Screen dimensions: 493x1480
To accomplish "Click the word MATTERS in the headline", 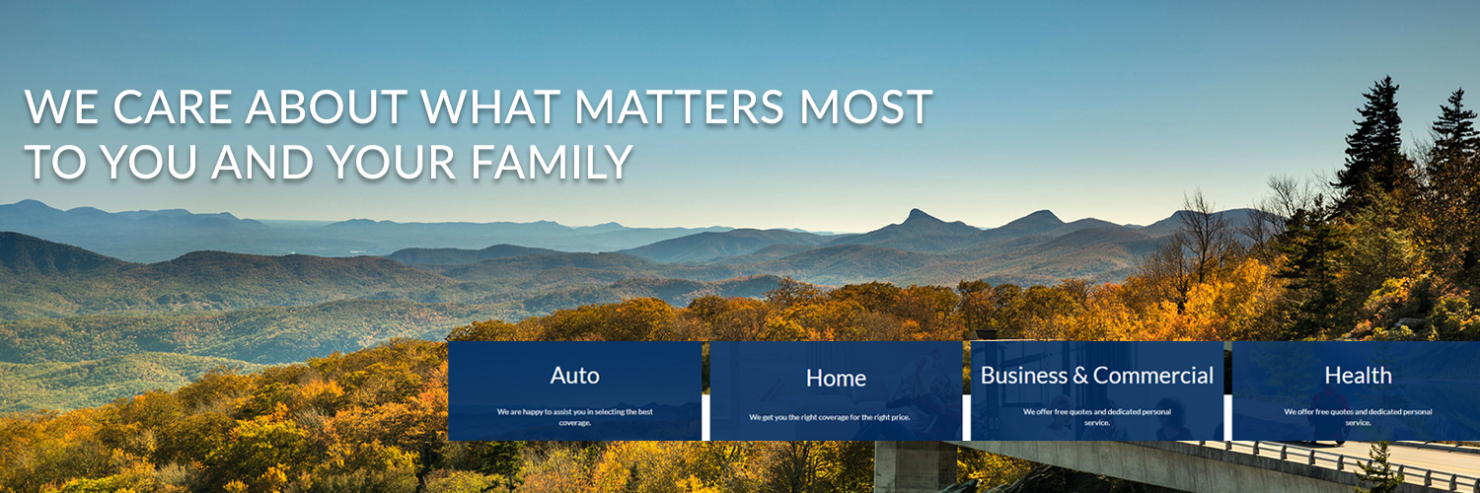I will (x=658, y=107).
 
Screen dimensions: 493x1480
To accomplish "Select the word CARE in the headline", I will (x=173, y=107).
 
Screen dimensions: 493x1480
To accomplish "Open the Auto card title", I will (x=574, y=376).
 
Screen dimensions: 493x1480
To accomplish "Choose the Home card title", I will (x=836, y=378).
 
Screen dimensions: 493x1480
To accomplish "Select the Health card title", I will (x=1358, y=376).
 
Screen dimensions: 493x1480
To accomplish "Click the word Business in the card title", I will (x=1024, y=376).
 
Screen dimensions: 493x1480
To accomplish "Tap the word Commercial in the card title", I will (x=1153, y=376).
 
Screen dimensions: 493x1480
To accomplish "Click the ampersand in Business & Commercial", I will (x=1080, y=376).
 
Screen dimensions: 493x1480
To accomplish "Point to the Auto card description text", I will (x=574, y=416).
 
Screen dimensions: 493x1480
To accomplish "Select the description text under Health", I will (x=1358, y=416).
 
